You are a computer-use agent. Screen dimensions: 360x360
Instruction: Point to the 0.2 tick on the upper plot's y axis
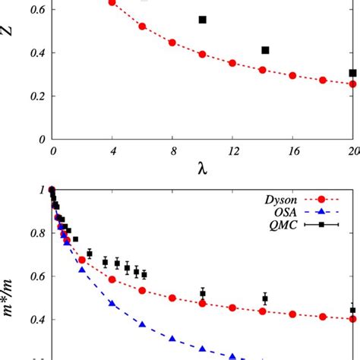(x=35, y=96)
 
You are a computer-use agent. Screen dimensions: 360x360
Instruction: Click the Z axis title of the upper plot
(x=9, y=54)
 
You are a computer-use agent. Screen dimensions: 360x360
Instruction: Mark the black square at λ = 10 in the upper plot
(x=202, y=20)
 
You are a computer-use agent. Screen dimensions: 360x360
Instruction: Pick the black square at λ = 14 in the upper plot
(x=265, y=50)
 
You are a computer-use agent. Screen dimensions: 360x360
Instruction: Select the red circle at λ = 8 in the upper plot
(x=172, y=43)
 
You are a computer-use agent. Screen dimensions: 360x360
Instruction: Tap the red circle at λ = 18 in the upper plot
(x=323, y=80)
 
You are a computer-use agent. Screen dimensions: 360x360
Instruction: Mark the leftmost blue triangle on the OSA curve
(x=82, y=268)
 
